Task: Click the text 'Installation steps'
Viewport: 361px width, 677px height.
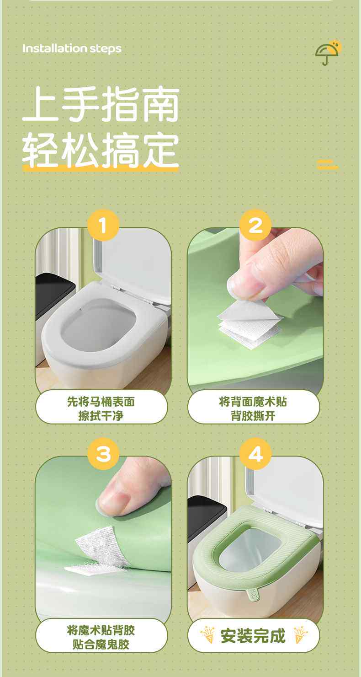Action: [72, 48]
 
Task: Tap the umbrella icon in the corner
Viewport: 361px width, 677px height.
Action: [328, 53]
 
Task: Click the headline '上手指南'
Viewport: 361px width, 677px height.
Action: [101, 104]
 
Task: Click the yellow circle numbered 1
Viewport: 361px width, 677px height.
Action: [103, 225]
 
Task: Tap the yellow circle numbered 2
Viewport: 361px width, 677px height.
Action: [255, 225]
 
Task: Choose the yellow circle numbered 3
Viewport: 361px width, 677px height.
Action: [104, 454]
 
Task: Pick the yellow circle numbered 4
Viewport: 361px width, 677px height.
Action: [255, 454]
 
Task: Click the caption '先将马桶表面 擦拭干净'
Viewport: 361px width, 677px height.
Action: [101, 408]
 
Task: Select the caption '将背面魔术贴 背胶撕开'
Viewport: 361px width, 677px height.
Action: [253, 408]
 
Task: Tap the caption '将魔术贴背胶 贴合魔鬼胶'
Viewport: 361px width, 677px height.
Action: [101, 637]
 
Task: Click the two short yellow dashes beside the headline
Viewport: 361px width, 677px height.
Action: [328, 164]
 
